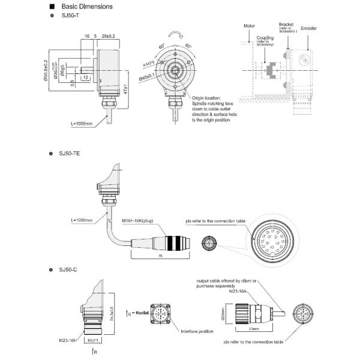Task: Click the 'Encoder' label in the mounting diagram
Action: pos(309,28)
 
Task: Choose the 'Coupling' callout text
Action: pos(265,39)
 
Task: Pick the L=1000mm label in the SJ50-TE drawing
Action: pos(82,220)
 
